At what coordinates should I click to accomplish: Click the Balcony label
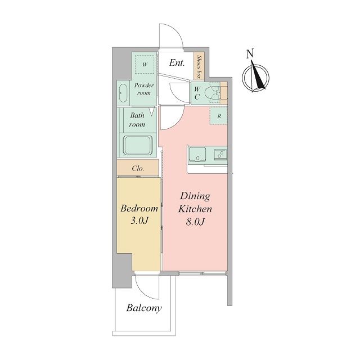(144, 308)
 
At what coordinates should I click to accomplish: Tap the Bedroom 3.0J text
(139, 214)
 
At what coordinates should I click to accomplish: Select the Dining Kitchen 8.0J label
(195, 209)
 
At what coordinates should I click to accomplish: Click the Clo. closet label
(138, 169)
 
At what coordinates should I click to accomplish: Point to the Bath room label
(137, 120)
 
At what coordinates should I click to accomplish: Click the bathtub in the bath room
(138, 146)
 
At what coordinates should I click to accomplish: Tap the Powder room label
(144, 89)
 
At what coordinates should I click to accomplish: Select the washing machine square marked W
(145, 65)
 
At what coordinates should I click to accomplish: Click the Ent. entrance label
(177, 63)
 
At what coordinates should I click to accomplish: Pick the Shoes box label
(199, 67)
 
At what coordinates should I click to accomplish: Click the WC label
(197, 93)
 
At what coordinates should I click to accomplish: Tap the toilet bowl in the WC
(211, 93)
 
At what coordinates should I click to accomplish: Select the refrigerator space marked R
(219, 116)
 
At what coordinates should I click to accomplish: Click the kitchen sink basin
(197, 154)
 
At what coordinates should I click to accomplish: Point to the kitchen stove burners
(220, 154)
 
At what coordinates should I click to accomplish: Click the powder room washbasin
(123, 93)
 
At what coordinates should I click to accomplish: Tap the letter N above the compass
(250, 54)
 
